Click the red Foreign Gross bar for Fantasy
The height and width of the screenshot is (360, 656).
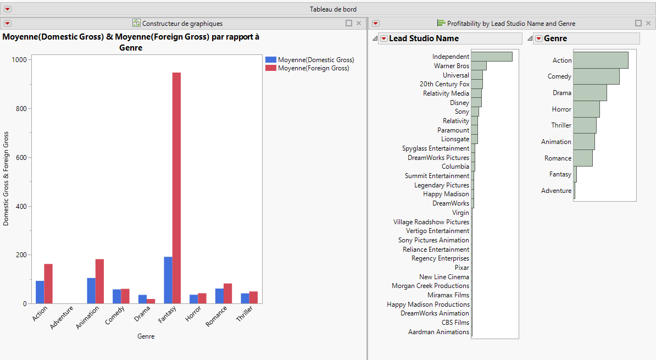176,188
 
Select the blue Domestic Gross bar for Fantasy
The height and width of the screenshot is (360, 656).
168,280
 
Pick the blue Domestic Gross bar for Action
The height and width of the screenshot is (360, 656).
40,292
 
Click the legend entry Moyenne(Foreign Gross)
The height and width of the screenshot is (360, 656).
313,68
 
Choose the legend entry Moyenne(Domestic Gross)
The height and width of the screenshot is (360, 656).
315,60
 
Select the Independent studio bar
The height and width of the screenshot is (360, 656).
492,57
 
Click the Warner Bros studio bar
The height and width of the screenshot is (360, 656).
479,66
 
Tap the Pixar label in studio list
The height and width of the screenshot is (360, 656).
462,268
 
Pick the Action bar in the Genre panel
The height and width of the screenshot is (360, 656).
601,60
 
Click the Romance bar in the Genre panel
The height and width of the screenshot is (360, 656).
583,158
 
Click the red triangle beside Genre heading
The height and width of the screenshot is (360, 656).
538,38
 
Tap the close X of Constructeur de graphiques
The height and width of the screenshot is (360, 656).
359,24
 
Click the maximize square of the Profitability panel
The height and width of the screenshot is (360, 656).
638,24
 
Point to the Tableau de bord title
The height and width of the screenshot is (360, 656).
333,9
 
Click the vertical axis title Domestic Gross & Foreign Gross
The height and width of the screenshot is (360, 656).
7,179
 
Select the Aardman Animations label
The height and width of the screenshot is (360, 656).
438,332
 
